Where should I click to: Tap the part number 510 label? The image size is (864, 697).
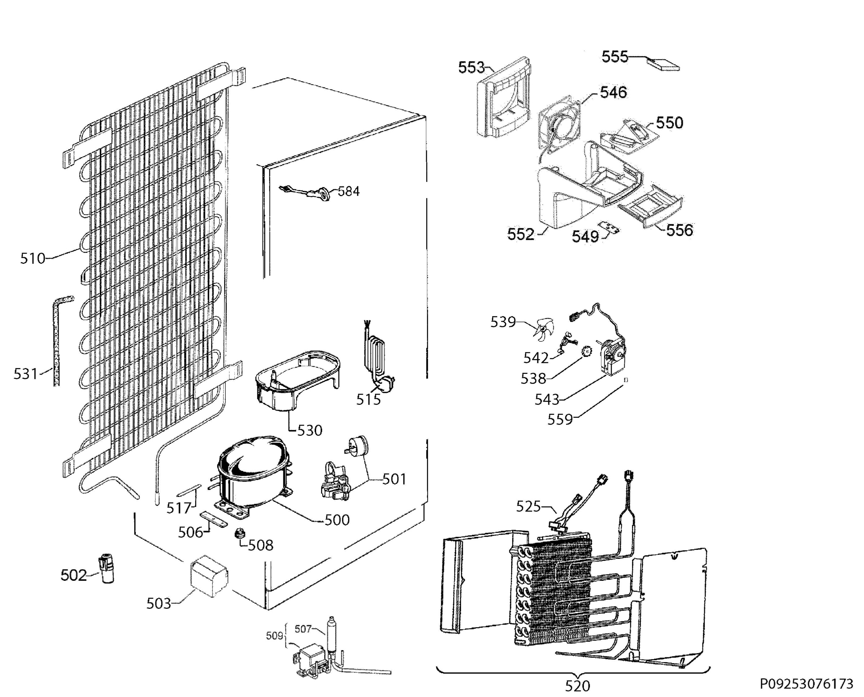coord(32,259)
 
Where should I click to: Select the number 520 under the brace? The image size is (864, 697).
coord(577,686)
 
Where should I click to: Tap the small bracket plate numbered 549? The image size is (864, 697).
coord(609,228)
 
